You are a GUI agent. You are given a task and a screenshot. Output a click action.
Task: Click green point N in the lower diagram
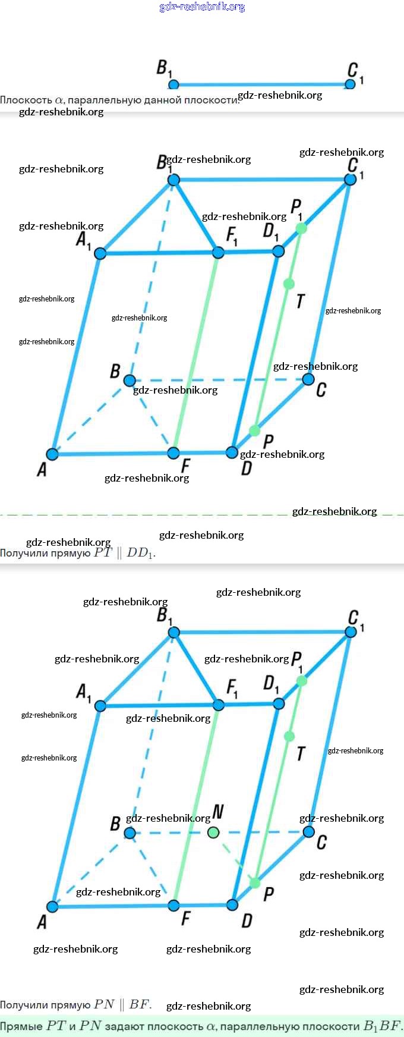tap(213, 832)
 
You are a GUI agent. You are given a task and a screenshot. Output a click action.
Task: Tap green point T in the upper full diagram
tap(289, 284)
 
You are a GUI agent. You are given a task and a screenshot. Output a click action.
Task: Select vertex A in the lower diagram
tap(52, 907)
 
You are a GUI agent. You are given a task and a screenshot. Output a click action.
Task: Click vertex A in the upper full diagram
tap(52, 454)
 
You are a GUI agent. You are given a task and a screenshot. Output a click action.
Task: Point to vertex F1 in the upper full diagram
tap(218, 253)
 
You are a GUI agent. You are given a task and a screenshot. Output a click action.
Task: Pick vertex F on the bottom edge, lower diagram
tap(173, 906)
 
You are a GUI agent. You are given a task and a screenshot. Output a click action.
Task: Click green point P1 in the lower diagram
tap(301, 681)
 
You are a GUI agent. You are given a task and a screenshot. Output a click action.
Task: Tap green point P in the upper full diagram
tap(254, 430)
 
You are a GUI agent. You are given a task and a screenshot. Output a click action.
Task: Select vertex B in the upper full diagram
tap(130, 381)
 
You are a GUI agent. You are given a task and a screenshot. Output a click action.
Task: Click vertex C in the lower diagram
tap(308, 832)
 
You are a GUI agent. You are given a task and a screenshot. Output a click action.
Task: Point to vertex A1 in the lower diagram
tap(100, 706)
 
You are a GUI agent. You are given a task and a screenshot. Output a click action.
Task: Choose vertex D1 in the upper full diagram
tap(278, 252)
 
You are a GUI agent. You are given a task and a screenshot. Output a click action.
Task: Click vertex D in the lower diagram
tap(232, 905)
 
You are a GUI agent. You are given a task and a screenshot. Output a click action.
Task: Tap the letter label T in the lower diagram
tap(301, 754)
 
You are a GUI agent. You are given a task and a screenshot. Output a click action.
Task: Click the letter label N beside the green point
tap(218, 812)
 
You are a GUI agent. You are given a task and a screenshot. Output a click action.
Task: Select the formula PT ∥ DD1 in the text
tap(124, 553)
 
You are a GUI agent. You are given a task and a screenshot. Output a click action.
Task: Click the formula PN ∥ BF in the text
tap(122, 1005)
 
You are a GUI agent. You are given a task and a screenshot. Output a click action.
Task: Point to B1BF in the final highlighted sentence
tap(382, 1026)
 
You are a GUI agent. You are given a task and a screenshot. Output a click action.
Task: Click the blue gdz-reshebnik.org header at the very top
tap(202, 7)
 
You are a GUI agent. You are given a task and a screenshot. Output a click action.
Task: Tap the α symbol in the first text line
tap(59, 100)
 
